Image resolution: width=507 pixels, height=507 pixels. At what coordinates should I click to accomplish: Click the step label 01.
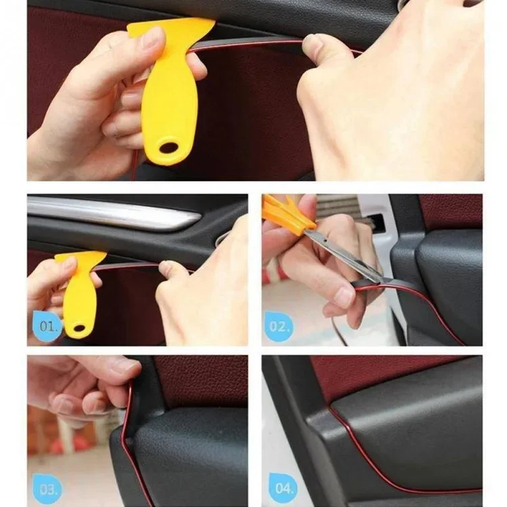[x=47, y=326]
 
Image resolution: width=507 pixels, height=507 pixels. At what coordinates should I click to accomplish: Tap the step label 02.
[x=279, y=326]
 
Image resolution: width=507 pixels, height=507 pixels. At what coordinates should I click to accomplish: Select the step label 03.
[x=47, y=487]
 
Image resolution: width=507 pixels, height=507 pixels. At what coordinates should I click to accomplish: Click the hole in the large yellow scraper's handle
[x=166, y=147]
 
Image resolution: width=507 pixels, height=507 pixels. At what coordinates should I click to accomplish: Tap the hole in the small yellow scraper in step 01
[x=79, y=331]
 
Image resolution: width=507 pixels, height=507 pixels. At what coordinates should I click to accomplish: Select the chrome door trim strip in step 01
[x=115, y=214]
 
